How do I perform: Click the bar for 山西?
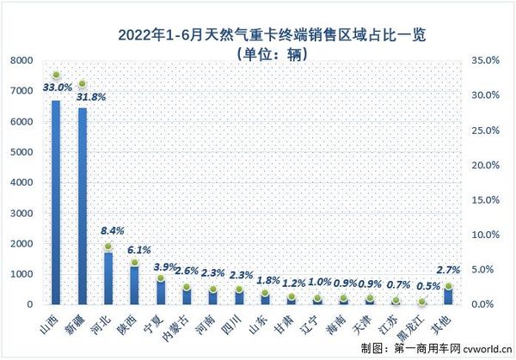pos(56,202)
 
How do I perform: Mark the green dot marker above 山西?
pos(56,76)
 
